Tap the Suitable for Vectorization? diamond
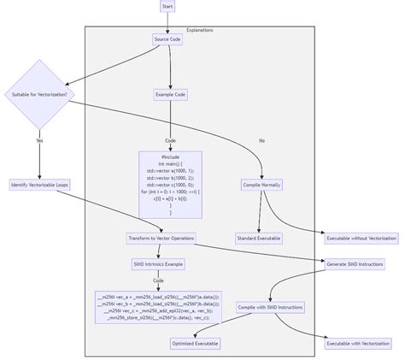click(39, 93)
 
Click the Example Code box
click(170, 94)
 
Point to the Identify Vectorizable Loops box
click(39, 185)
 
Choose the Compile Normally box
click(261, 185)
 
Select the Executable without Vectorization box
click(360, 238)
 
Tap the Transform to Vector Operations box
click(161, 238)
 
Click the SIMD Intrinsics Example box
click(158, 264)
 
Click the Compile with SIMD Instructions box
click(270, 307)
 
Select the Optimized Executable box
click(195, 343)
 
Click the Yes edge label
click(39, 140)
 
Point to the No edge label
click(261, 140)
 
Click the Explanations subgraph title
click(199, 30)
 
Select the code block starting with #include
click(170, 184)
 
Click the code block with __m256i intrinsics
click(158, 307)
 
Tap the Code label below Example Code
click(170, 140)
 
